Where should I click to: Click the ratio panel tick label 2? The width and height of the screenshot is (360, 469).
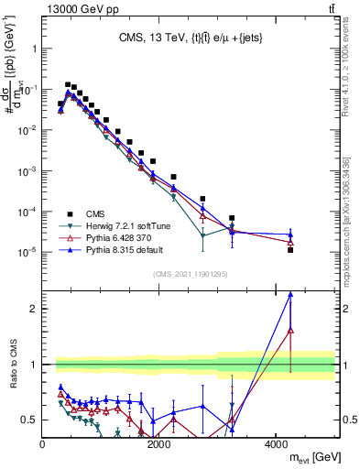pyautogui.click(x=34, y=309)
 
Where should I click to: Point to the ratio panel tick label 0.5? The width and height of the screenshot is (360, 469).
pyautogui.click(x=29, y=420)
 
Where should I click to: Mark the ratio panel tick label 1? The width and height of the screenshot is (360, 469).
pyautogui.click(x=34, y=365)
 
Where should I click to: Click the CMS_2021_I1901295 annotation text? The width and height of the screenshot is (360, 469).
pyautogui.click(x=189, y=274)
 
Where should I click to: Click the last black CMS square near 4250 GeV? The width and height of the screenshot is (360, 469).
pyautogui.click(x=290, y=249)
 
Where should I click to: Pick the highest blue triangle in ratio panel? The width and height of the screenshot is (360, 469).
pyautogui.click(x=290, y=294)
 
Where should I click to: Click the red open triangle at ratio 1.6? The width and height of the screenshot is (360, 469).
pyautogui.click(x=290, y=330)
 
